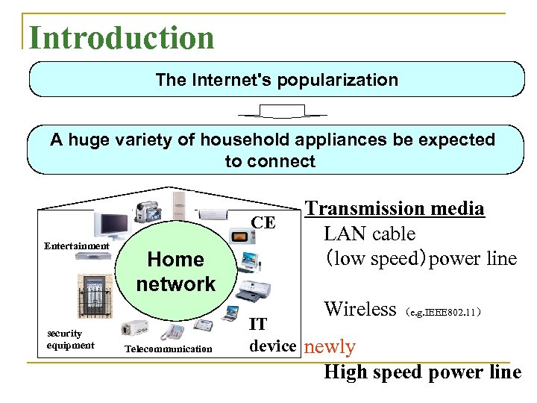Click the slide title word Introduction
pos(121,37)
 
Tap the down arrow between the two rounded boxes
pos(281,112)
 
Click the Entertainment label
pos(77,246)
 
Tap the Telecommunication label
pos(169,349)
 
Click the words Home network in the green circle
pos(176,272)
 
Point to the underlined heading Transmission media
pos(395,208)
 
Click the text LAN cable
pos(369,234)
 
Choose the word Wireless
pos(359,308)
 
